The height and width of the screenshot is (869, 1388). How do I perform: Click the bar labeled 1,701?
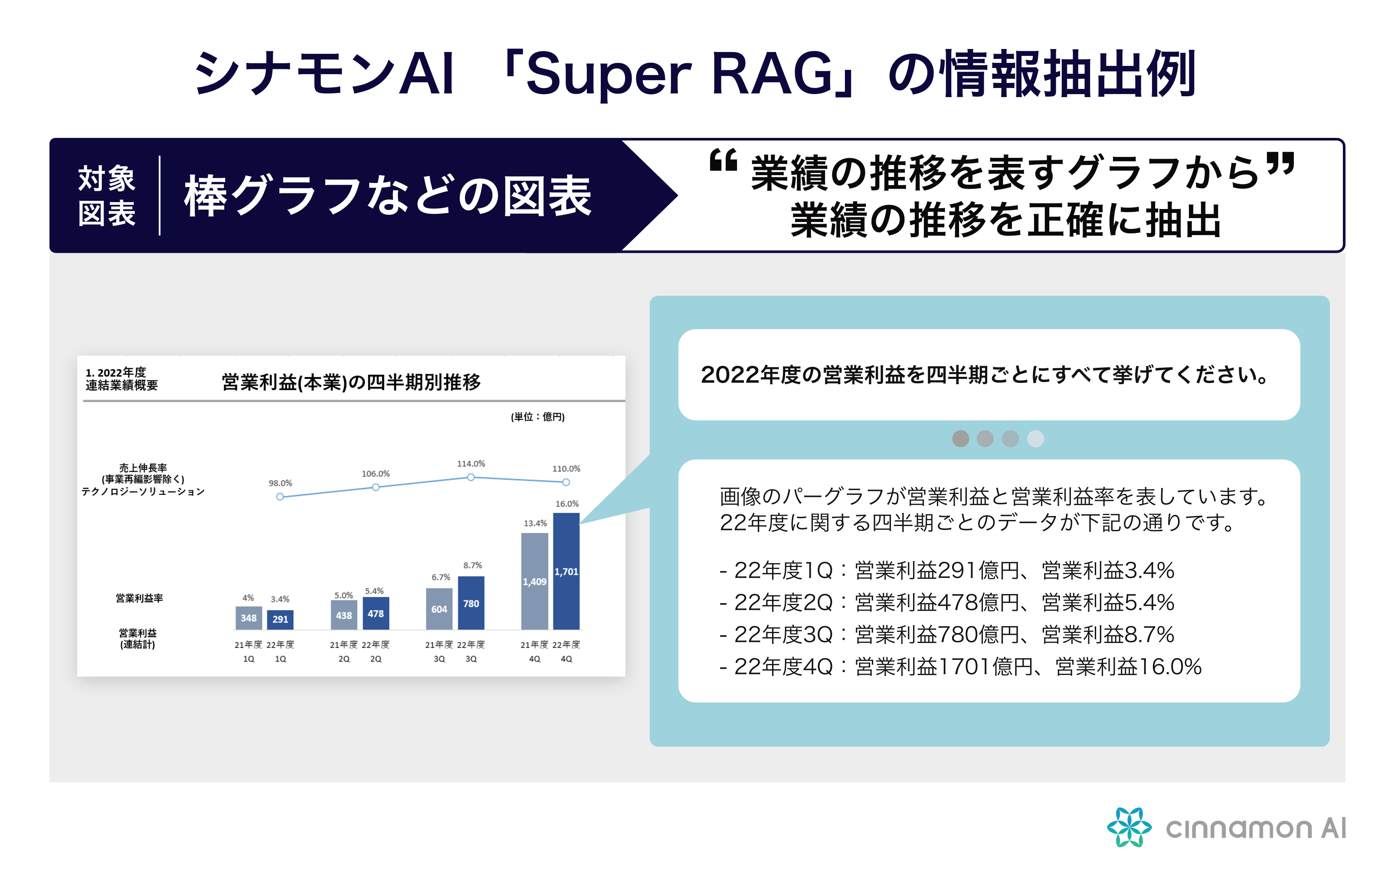(x=566, y=571)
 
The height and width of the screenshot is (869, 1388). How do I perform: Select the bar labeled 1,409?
(x=534, y=581)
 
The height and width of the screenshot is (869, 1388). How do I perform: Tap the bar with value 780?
(x=471, y=602)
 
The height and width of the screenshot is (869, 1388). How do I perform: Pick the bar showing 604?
(x=439, y=609)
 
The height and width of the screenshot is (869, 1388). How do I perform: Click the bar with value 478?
(x=375, y=613)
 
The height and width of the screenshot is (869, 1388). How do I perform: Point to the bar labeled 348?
(x=248, y=618)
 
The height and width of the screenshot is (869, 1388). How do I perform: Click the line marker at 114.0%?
(x=471, y=477)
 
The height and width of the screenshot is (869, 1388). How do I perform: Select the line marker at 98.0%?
(x=280, y=497)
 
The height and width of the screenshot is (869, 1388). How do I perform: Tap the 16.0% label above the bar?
(x=567, y=503)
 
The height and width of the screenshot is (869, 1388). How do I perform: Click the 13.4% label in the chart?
(x=535, y=523)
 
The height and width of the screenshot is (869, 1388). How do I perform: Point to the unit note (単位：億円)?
(x=537, y=417)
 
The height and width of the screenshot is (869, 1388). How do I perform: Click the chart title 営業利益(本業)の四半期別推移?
(x=351, y=382)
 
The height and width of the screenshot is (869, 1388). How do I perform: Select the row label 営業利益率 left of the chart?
(x=139, y=598)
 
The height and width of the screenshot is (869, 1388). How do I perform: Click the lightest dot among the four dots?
(x=1035, y=438)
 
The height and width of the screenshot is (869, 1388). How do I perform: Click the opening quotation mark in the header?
(x=723, y=160)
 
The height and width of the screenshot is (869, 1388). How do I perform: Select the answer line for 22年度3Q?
(x=946, y=634)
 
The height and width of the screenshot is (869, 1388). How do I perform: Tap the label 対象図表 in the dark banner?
(x=106, y=196)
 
